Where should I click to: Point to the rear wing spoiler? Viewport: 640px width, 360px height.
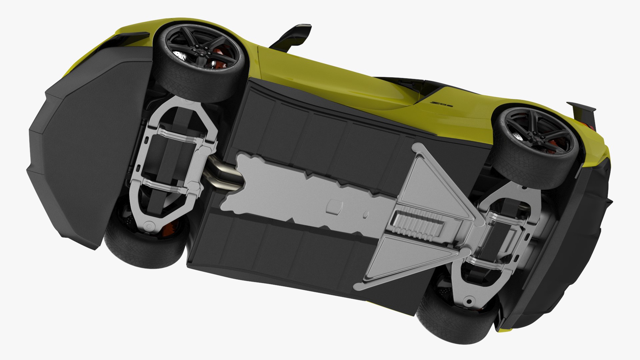582,108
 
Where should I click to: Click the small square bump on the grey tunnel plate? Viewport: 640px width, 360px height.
335,207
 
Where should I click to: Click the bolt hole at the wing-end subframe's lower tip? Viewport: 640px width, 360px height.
469,302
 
